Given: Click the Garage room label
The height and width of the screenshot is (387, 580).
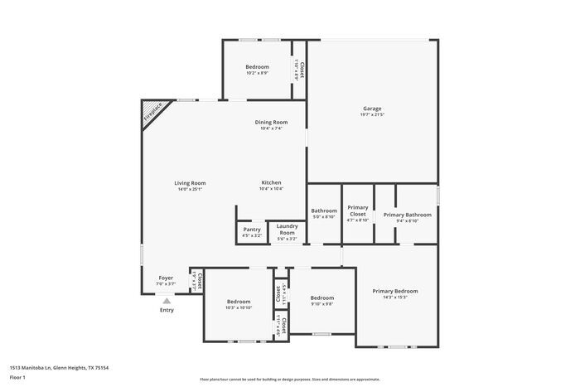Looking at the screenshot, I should [372, 108].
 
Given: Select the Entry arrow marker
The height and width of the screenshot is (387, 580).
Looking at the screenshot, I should [167, 302].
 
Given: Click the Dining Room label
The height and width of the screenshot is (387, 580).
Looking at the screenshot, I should [272, 122].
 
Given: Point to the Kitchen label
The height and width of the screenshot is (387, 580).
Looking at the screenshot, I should [271, 182].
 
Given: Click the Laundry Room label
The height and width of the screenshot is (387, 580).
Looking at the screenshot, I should [287, 229].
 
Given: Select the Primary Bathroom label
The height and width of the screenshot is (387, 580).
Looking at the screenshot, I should [407, 214].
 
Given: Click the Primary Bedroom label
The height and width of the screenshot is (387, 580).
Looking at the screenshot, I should [394, 291].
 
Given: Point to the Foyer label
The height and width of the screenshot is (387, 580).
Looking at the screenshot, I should [166, 278].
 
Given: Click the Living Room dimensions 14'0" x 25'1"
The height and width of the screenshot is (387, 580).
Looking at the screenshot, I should [190, 189].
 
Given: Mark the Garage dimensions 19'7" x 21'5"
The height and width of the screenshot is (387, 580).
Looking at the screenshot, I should [372, 114].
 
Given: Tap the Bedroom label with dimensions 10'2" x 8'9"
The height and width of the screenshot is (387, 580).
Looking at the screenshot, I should [257, 66].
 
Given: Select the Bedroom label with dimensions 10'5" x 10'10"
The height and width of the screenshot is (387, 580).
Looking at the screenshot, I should [239, 301].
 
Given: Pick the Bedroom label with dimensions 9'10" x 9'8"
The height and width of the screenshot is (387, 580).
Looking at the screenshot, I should [322, 298].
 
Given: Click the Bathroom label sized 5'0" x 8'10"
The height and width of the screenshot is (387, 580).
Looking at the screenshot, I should [324, 210].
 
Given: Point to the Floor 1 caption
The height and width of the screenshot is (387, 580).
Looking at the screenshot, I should [17, 377].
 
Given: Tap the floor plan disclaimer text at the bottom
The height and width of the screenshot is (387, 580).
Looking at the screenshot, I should [290, 377].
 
